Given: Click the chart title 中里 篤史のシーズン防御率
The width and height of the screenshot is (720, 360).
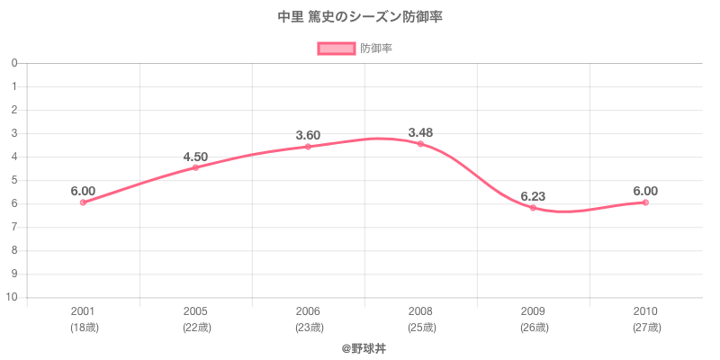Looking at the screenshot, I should [360, 16].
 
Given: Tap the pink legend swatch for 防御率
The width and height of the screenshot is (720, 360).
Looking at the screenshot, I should [336, 49].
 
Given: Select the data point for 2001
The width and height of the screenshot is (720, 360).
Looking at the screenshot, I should [83, 202].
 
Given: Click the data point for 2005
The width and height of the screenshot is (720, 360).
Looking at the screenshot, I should [195, 167].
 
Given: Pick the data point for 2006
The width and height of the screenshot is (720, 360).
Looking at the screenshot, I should [308, 147].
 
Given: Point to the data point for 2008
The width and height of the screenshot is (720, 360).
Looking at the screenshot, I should [420, 144].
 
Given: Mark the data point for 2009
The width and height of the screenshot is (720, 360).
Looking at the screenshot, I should [533, 208].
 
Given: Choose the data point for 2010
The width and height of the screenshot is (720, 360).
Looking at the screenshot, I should [645, 202].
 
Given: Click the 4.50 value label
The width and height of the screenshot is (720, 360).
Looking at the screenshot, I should [195, 157].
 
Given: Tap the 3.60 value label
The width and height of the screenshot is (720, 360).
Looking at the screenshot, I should [308, 136].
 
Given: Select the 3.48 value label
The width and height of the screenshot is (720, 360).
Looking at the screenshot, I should [420, 133].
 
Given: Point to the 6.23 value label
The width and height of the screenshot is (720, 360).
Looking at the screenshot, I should [533, 196].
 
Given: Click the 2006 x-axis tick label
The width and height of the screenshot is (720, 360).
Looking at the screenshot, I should [308, 311].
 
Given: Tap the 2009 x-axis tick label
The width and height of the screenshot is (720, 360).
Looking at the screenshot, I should [533, 311].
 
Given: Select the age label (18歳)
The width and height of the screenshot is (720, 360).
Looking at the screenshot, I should [84, 327].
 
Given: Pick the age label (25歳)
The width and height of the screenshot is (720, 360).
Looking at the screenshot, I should [420, 327].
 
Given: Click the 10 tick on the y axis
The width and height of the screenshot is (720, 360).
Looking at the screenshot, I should [13, 297].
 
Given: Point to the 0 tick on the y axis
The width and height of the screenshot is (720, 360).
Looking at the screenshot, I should [15, 63].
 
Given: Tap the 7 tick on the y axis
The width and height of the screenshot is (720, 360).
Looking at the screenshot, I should [15, 227].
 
